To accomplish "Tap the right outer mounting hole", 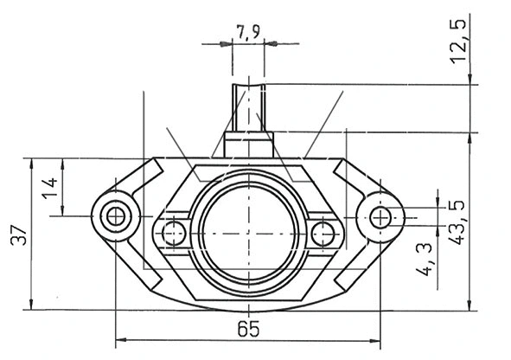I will click(x=381, y=216).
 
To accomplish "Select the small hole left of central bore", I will click(x=173, y=232).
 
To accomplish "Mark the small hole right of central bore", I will click(x=323, y=232).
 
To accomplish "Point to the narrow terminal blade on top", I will click(x=249, y=104).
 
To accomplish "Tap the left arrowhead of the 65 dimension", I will click(x=119, y=337).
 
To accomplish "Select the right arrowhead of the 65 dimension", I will click(x=377, y=337).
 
